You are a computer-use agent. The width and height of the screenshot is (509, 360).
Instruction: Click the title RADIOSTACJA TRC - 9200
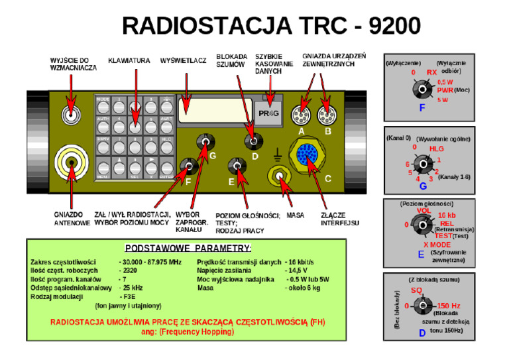[270, 26]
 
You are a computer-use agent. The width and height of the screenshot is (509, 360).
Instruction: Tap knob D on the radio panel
[251, 140]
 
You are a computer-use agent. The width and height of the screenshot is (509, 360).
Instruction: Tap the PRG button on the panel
[270, 114]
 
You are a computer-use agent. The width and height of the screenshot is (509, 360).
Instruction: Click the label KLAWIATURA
[129, 62]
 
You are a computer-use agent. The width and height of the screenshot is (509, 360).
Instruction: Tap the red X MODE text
[437, 245]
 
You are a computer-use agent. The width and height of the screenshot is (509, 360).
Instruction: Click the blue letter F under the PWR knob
[422, 107]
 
